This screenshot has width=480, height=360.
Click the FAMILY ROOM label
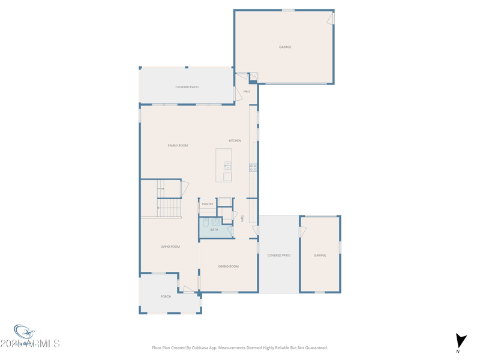pos(178,146)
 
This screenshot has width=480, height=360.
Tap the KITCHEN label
pos(235,141)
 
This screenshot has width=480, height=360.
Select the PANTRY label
pos(208,204)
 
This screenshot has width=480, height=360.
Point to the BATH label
pos(214,230)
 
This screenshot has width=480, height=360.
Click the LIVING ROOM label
pos(170,247)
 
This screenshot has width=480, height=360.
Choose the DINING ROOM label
pos(228,266)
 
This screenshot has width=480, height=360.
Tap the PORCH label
pos(166,296)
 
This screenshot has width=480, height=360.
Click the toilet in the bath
pos(206,223)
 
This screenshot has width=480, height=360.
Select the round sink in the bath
pos(215,222)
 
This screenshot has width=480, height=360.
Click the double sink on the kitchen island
pos(228,166)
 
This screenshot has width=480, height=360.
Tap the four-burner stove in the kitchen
pos(253,167)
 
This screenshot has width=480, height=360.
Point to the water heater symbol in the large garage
pos(254,76)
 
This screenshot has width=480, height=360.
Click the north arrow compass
pos(460,341)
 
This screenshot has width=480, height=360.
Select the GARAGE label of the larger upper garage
pos(285,47)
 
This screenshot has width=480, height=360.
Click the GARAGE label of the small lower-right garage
pos(320,256)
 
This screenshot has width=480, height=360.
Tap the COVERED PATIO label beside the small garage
pos(278,256)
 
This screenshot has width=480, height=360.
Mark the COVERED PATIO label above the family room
pos(187,87)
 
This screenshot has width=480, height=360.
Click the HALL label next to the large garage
pos(247,92)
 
